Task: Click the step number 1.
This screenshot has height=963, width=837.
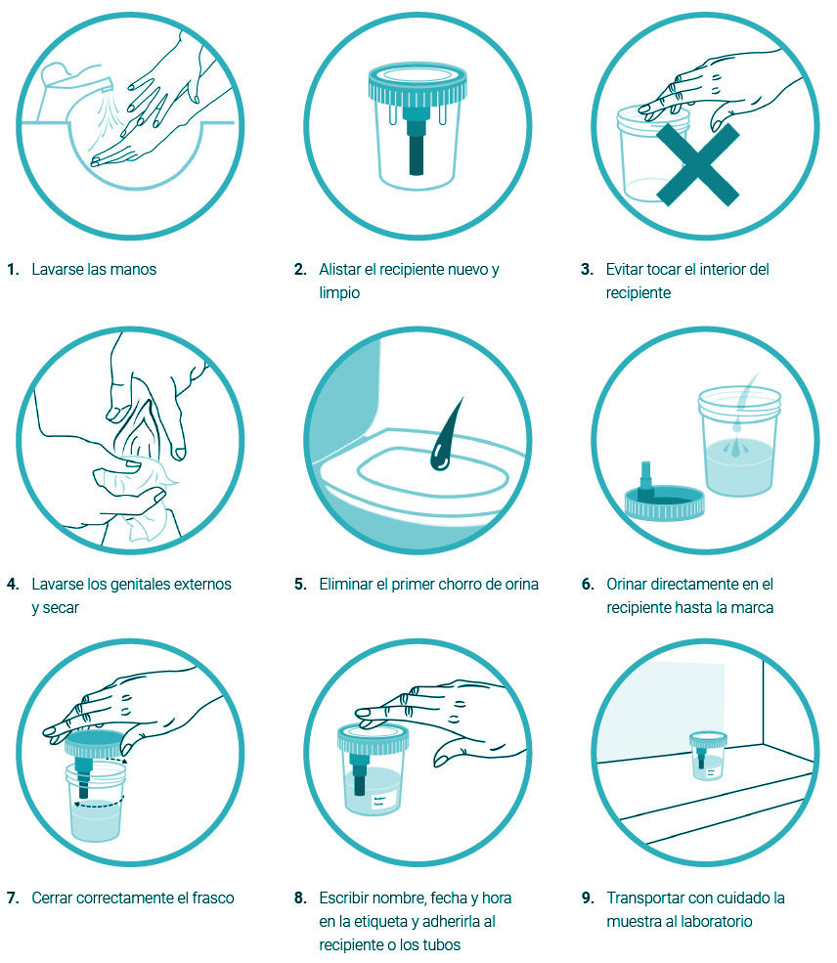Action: coord(13,270)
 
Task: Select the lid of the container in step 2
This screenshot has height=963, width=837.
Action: coord(418,83)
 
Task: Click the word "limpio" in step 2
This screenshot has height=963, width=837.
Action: coord(339,293)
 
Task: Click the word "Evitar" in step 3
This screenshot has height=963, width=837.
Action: coord(624,270)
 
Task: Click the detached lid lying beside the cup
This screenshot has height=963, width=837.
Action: coord(665,500)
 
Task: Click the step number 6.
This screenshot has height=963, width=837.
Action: coord(588,584)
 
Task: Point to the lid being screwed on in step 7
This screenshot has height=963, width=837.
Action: coord(95,744)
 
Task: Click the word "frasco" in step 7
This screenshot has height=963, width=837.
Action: coord(213,898)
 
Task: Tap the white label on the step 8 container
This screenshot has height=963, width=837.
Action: coord(385,800)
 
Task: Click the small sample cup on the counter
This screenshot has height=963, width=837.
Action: coord(707,756)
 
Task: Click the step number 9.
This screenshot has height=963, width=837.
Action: coord(588,898)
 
